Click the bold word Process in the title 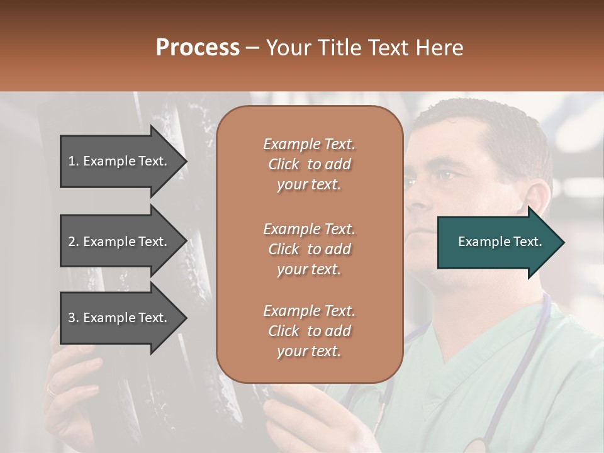pos(198,48)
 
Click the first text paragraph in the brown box pos(309,164)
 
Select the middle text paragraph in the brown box pos(309,249)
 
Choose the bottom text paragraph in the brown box pos(309,331)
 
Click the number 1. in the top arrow pos(74,161)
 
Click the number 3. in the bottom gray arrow pos(74,318)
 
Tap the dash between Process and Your pos(252,48)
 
